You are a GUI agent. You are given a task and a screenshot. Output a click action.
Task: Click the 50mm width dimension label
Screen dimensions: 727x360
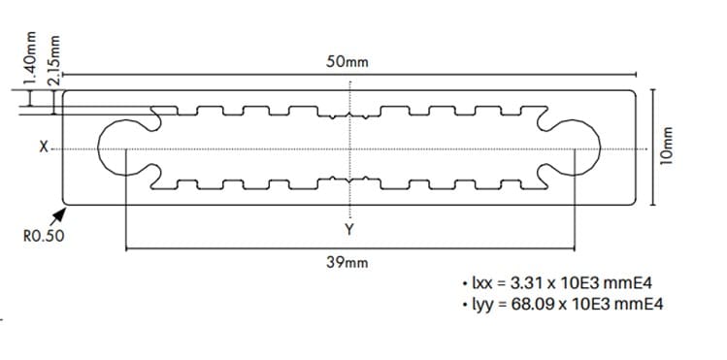pyautogui.click(x=347, y=62)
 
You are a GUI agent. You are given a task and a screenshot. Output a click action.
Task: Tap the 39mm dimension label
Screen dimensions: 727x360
pyautogui.click(x=347, y=263)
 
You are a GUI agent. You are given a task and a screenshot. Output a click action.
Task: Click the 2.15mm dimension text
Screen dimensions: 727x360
pyautogui.click(x=54, y=59)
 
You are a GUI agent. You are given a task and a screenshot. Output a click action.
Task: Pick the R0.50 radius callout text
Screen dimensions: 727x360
pyautogui.click(x=44, y=237)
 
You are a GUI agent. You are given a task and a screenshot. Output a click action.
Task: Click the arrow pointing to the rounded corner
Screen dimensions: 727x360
pyautogui.click(x=57, y=216)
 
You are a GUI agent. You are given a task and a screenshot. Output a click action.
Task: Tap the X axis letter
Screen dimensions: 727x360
pyautogui.click(x=44, y=147)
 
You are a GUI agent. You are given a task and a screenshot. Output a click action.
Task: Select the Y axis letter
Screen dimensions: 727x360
pyautogui.click(x=349, y=229)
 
